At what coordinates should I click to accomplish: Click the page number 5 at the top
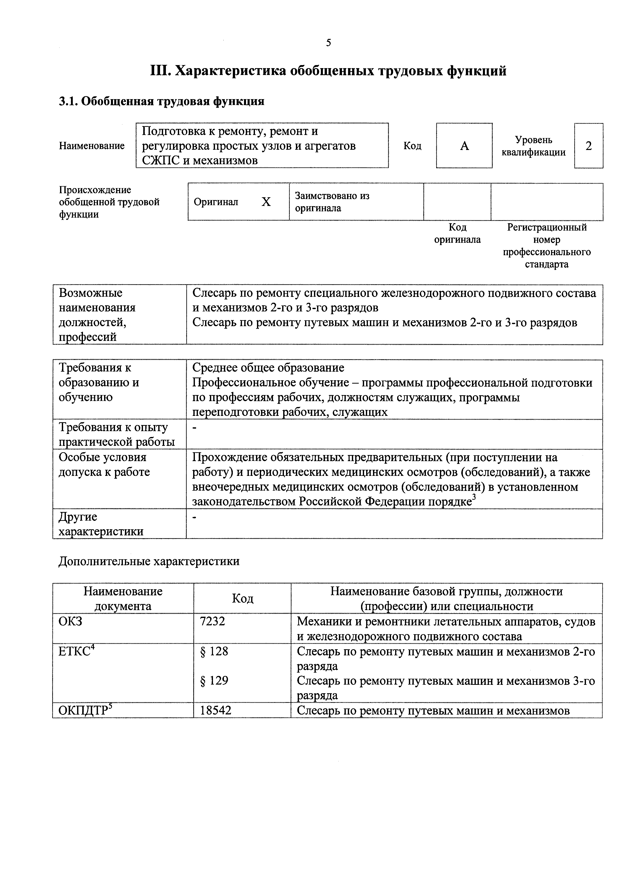pyautogui.click(x=328, y=43)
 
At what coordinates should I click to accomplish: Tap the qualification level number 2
pyautogui.click(x=588, y=146)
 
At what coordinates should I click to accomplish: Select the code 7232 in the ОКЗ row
pyautogui.click(x=212, y=622)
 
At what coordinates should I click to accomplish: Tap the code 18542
pyautogui.click(x=216, y=710)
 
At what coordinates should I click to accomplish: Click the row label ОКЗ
pyautogui.click(x=70, y=622)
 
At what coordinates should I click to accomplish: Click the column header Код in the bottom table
pyautogui.click(x=242, y=599)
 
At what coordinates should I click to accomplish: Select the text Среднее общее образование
pyautogui.click(x=268, y=368)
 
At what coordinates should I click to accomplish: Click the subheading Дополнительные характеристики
pyautogui.click(x=149, y=561)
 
